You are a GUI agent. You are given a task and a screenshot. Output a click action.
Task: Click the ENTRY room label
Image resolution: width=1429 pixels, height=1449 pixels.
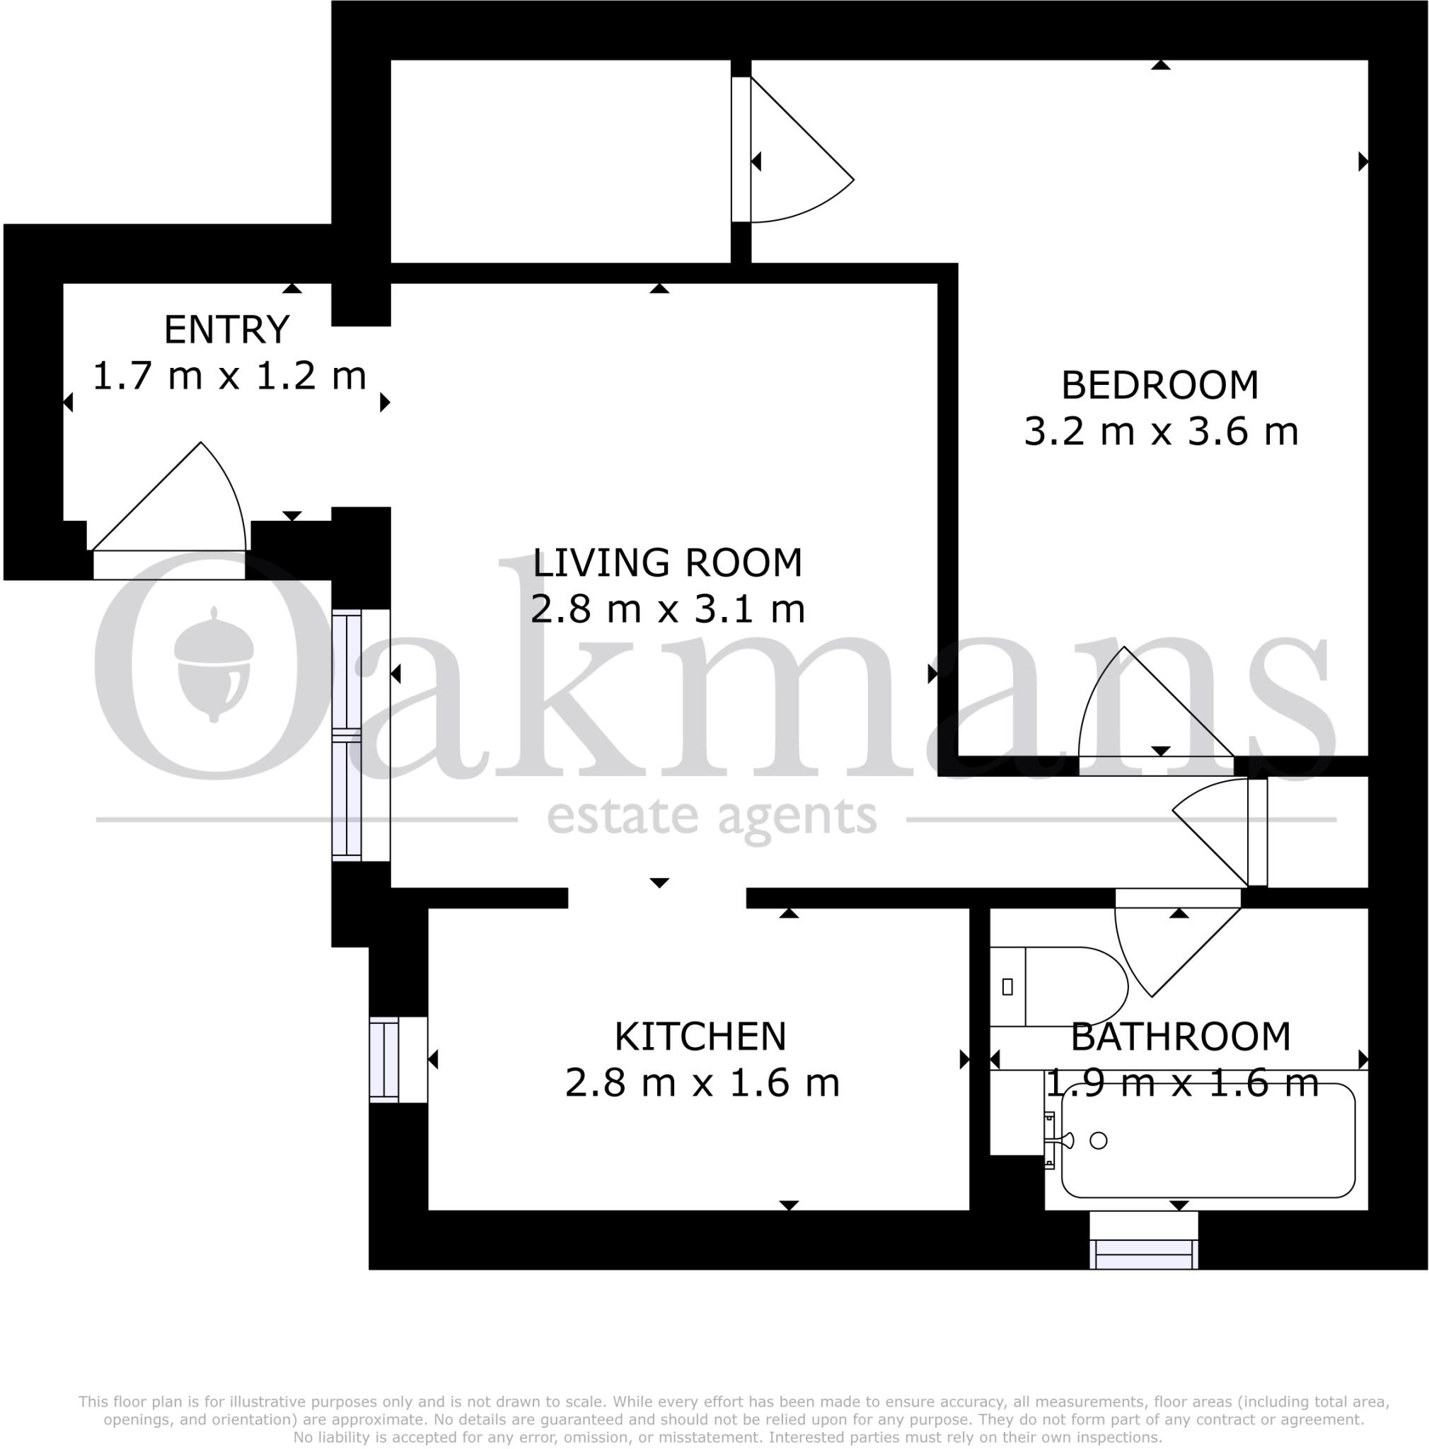[226, 330]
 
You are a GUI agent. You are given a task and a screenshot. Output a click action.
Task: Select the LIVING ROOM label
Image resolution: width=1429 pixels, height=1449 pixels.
[666, 563]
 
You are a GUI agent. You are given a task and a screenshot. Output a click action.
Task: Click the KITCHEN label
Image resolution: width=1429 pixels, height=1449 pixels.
[700, 1037]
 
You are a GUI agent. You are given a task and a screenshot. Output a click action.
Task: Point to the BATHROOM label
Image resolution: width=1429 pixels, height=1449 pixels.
[1180, 1037]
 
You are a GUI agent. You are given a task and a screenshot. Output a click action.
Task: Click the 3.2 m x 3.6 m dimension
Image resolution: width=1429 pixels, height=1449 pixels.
[1161, 433]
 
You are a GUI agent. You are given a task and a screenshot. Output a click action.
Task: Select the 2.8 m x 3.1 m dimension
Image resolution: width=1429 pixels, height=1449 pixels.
[667, 610]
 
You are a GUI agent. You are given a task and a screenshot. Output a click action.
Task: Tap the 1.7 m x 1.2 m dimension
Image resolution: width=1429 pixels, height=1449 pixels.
[228, 376]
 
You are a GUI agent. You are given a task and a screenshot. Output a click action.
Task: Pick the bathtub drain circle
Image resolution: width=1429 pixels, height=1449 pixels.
[1098, 1141]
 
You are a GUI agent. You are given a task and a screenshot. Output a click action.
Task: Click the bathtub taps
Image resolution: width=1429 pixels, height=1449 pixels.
[1055, 1140]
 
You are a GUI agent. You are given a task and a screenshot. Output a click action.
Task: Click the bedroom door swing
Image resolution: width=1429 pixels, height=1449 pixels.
[1140, 709]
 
